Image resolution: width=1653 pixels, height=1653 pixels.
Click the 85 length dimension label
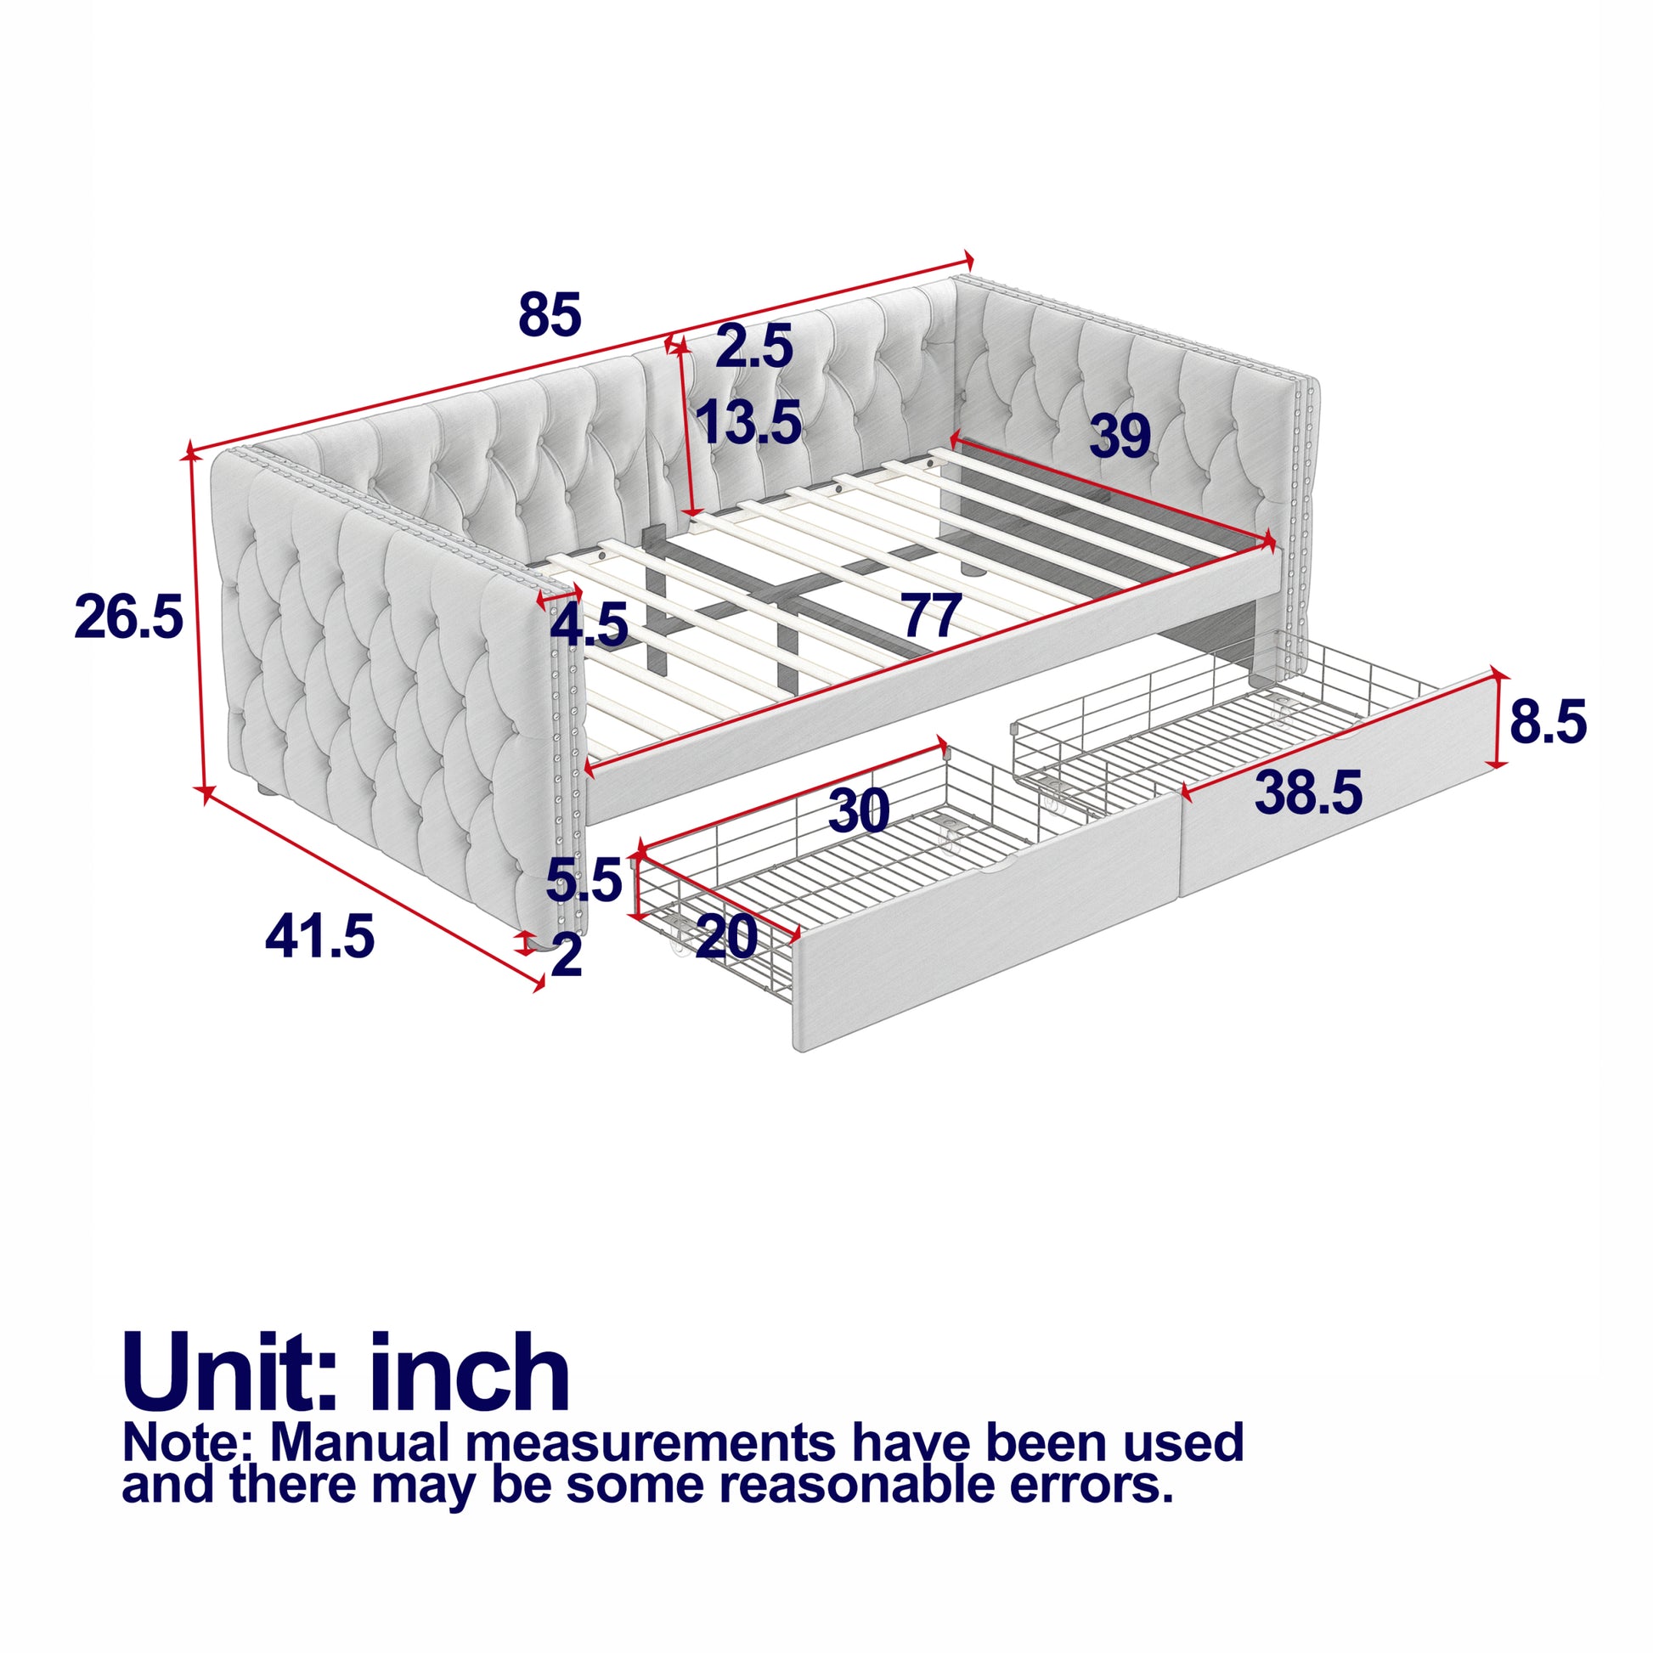550,314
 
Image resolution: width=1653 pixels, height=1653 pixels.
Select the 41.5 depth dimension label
320,937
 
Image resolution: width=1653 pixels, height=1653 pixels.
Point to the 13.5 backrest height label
748,422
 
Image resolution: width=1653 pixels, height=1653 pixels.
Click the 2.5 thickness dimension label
754,347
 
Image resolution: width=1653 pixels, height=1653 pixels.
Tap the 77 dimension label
933,616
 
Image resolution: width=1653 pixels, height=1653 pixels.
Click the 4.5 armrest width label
589,624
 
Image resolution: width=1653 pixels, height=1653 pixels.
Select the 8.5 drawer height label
1548,722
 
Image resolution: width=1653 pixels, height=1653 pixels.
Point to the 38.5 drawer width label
1308,793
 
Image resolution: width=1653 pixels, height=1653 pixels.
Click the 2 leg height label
567,955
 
